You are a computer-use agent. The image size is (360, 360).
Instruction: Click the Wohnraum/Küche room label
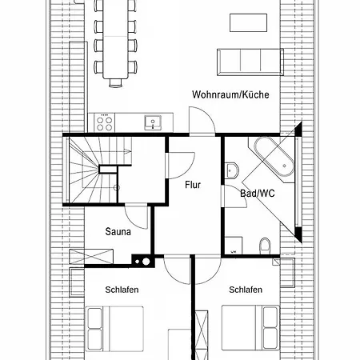coord(230,94)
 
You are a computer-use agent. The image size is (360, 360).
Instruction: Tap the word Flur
coord(193,185)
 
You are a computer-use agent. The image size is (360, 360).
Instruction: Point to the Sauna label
coord(118,232)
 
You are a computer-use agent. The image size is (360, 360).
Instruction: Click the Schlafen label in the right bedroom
coord(245,290)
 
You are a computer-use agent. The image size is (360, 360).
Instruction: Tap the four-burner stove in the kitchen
coord(104,122)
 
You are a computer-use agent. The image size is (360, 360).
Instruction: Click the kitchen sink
coord(153,122)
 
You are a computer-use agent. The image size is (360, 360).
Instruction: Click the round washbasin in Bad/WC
coord(232,169)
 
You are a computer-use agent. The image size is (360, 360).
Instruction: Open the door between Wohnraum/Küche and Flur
coord(203,123)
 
